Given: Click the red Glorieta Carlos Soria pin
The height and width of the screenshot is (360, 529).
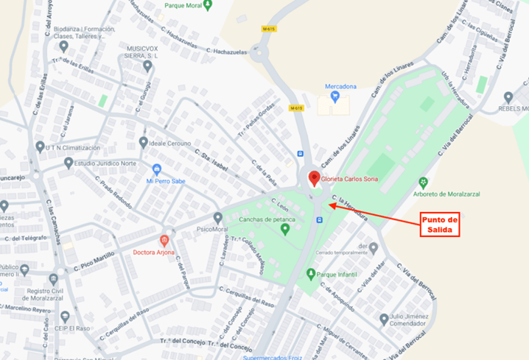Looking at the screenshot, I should coord(313,178).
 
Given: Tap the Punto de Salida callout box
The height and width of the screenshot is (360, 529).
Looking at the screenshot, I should coord(440,225).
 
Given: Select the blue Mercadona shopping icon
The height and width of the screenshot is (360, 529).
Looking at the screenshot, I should coord(334,96).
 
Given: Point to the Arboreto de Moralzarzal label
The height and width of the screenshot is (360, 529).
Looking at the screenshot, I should coord(460,194).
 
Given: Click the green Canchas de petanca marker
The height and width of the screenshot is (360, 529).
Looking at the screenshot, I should coord(286,230).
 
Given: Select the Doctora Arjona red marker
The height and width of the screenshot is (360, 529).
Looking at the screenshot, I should coord(164,241).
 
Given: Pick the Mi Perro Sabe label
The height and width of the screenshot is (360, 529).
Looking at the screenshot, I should coord(167,181).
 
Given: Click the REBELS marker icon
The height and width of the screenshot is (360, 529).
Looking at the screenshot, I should coord(508,97).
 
